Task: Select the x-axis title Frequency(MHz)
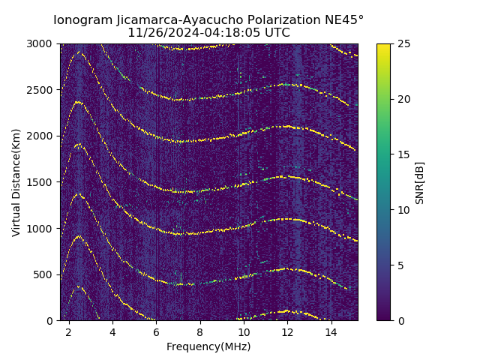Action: pyautogui.click(x=208, y=346)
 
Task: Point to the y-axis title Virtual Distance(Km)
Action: pyautogui.click(x=16, y=182)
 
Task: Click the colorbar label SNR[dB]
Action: pyautogui.click(x=420, y=182)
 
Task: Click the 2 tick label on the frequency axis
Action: pyautogui.click(x=68, y=331)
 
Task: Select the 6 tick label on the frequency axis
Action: pyautogui.click(x=156, y=331)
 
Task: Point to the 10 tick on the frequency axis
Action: pyautogui.click(x=244, y=331)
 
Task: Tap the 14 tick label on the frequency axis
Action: pyautogui.click(x=331, y=331)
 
